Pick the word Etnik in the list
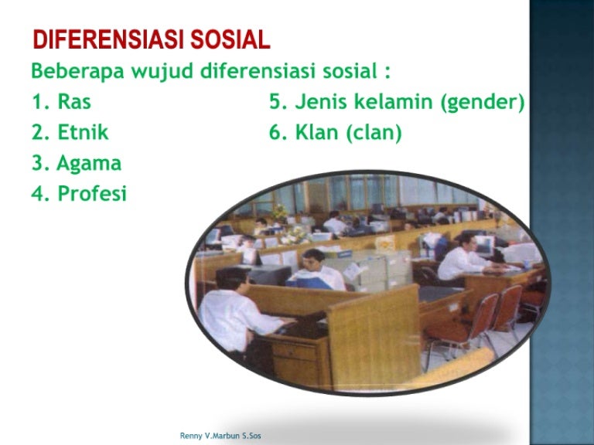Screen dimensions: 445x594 coord(83,132)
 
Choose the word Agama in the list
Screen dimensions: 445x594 coord(89,164)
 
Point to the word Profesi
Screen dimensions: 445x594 coord(91,194)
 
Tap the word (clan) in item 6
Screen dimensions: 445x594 coord(374,133)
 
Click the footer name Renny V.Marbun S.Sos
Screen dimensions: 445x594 coord(220,436)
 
